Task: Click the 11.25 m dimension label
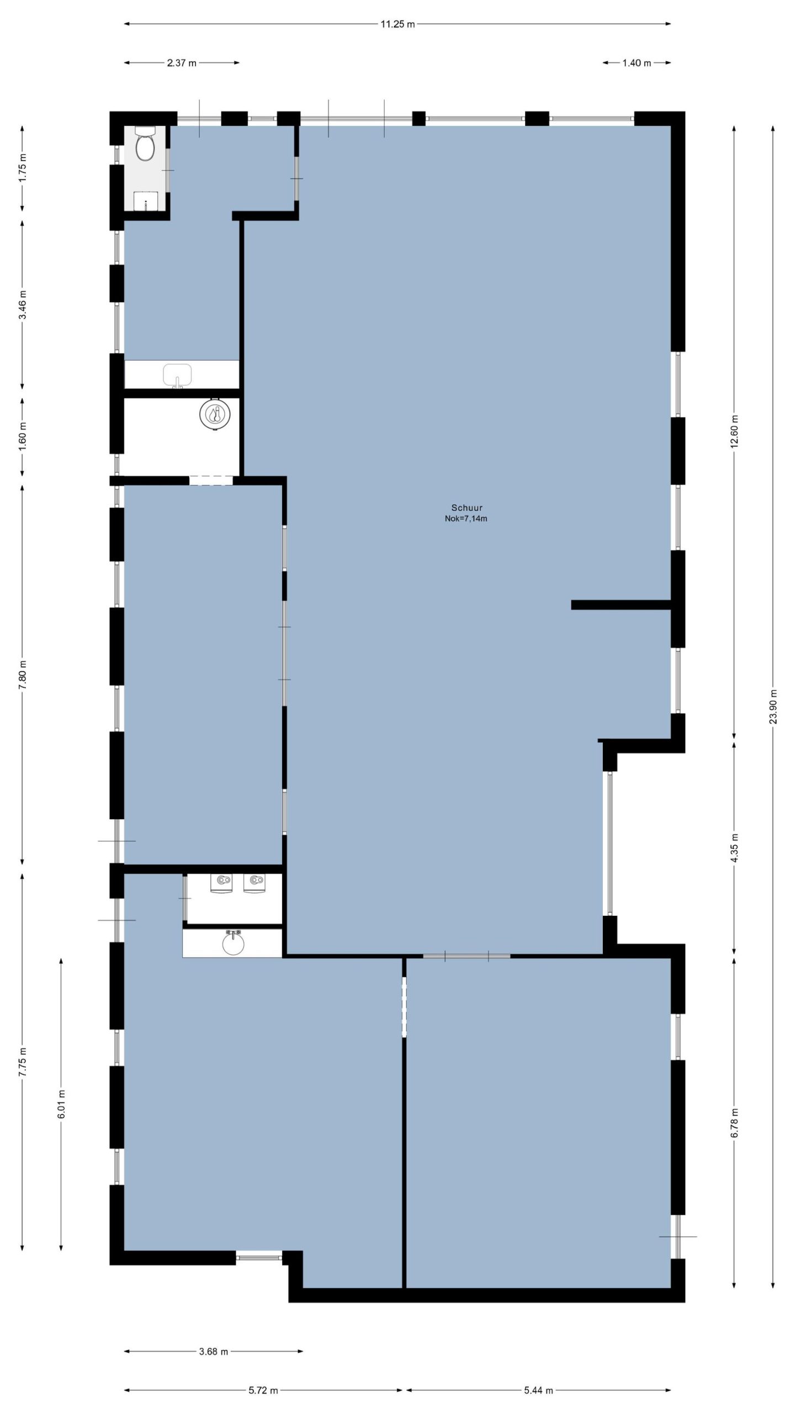(397, 24)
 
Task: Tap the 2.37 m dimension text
(182, 63)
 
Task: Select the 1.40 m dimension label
(637, 63)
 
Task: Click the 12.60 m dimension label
(734, 431)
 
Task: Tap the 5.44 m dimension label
(538, 1390)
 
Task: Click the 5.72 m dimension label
(263, 1390)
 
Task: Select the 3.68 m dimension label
(213, 1352)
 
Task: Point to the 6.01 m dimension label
(61, 1104)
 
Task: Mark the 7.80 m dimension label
(23, 674)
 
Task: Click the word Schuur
(467, 508)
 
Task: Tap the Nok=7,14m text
(466, 519)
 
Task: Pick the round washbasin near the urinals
(233, 943)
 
